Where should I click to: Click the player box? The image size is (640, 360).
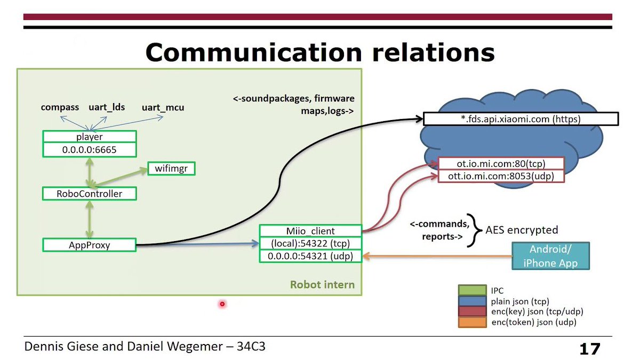coord(89,137)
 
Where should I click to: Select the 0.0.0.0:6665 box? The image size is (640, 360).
coord(89,150)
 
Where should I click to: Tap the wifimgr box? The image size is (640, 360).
coord(171,169)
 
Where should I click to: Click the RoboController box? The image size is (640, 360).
coord(89,194)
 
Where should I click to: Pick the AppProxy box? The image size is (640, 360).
coord(89,245)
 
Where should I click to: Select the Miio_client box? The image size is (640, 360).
coord(310,231)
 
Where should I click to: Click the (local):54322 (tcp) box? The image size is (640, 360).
coord(310,244)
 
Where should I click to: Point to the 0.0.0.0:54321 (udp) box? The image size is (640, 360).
coord(310,257)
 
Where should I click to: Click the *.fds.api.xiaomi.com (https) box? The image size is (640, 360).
coord(520,119)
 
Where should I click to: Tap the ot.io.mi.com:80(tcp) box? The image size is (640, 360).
coord(501,163)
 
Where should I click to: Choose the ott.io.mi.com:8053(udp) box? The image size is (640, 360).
coord(501,175)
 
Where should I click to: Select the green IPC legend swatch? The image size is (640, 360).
coord(472,291)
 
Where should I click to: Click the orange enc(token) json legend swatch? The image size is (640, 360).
coord(472,322)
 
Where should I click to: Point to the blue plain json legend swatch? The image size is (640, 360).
coord(472,301)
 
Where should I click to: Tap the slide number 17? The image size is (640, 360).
coord(590,349)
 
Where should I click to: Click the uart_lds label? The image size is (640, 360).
coord(107,107)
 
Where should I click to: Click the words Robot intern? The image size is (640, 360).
coord(322,284)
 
